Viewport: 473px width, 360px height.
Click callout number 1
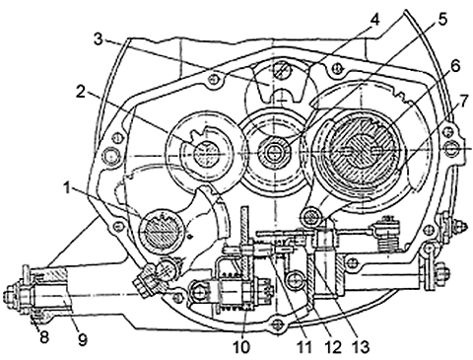click(x=67, y=189)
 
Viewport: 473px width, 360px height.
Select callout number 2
click(x=82, y=93)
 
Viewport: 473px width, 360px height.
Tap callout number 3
click(x=99, y=39)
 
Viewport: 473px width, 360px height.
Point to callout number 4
click(x=374, y=20)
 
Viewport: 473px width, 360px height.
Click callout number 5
click(x=441, y=20)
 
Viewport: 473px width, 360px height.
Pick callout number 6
click(x=454, y=66)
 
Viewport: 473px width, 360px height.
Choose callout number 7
click(x=461, y=103)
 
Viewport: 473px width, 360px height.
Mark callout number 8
click(x=43, y=337)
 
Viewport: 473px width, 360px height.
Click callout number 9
click(x=82, y=340)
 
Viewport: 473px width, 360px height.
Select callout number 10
click(x=241, y=347)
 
